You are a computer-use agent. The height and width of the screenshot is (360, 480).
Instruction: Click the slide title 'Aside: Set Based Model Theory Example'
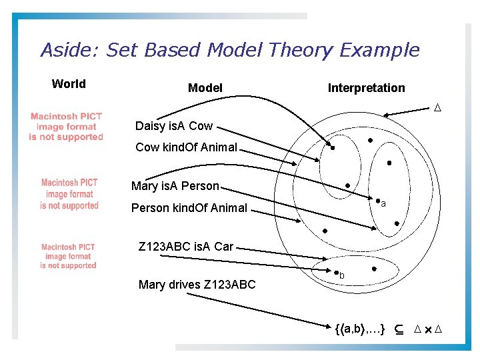230,51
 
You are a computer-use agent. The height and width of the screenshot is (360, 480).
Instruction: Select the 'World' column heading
69,84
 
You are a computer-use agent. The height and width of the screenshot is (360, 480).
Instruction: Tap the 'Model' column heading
205,88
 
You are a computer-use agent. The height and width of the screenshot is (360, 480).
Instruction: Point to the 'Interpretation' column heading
366,88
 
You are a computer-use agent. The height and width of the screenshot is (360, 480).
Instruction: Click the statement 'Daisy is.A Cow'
174,126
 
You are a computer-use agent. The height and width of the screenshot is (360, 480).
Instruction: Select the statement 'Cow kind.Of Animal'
186,147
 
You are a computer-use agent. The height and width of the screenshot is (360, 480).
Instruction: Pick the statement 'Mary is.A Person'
175,186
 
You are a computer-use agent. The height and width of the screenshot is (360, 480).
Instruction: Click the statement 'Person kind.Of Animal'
189,208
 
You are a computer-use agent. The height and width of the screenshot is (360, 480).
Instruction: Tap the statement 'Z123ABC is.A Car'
185,247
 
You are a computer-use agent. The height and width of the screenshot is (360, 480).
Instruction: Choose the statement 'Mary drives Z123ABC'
197,285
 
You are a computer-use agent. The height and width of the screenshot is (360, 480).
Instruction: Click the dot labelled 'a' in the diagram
377,201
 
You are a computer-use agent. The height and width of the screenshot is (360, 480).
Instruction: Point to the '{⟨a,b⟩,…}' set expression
359,329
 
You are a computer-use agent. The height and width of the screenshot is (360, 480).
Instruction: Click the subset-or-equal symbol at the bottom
397,329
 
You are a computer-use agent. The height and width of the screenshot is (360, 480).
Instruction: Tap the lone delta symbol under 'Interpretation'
438,108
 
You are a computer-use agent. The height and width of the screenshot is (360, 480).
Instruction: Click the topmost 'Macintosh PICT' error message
66,127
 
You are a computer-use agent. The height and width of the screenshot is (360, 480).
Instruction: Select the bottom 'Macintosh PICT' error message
69,256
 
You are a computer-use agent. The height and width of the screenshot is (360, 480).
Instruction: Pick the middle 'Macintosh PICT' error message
69,194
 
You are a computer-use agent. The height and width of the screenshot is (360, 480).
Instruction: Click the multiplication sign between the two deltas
427,330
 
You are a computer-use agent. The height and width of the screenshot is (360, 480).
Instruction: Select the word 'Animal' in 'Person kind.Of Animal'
229,208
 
